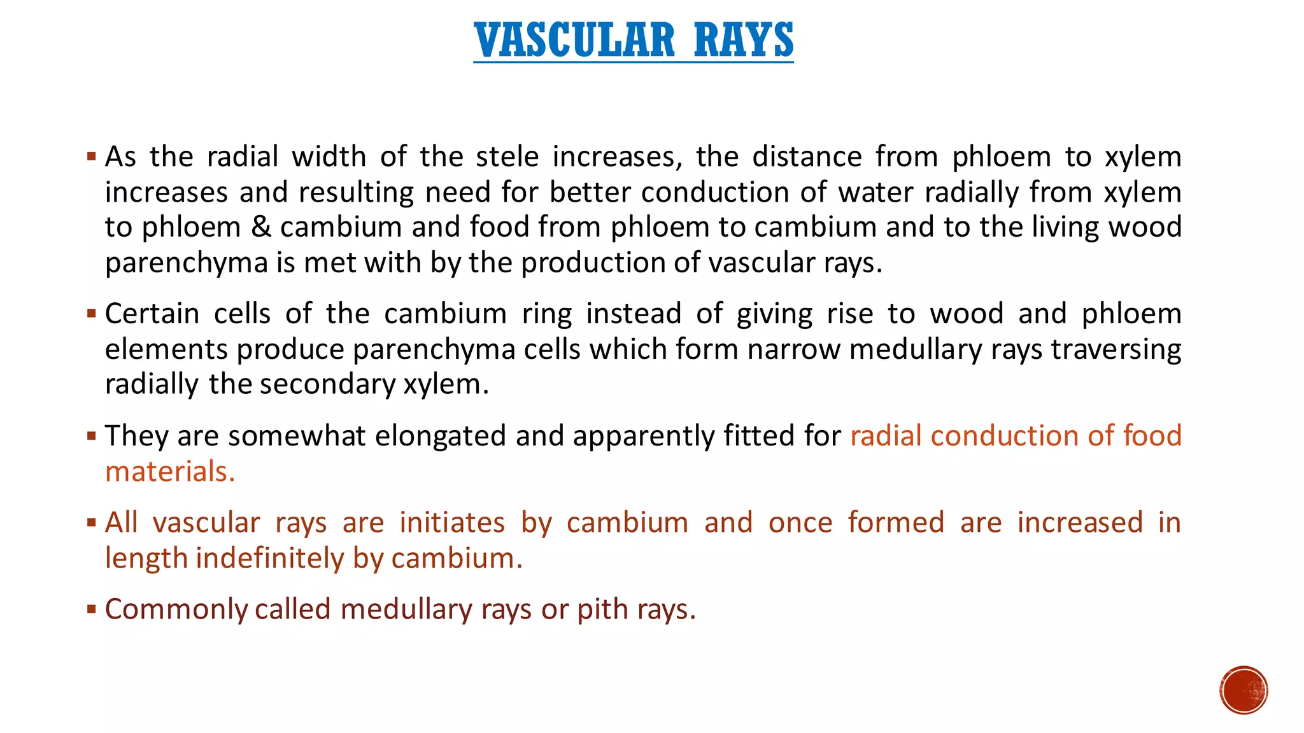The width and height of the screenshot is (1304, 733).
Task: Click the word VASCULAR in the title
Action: click(x=574, y=40)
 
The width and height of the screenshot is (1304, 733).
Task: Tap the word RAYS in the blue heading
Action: click(x=744, y=40)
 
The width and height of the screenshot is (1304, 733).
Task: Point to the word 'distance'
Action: click(x=807, y=157)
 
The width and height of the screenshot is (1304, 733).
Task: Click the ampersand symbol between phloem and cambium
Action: click(x=261, y=227)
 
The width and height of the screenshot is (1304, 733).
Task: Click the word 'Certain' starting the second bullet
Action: click(x=152, y=314)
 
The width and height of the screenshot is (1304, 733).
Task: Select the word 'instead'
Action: click(x=634, y=314)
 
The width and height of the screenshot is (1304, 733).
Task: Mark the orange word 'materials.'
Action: click(x=170, y=471)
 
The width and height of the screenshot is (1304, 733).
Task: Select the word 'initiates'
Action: click(x=452, y=522)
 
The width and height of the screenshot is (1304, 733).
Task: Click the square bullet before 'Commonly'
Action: click(x=92, y=610)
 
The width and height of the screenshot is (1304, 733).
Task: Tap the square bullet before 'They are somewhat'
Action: click(x=92, y=436)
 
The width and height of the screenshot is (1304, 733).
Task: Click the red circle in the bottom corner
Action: click(x=1244, y=690)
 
